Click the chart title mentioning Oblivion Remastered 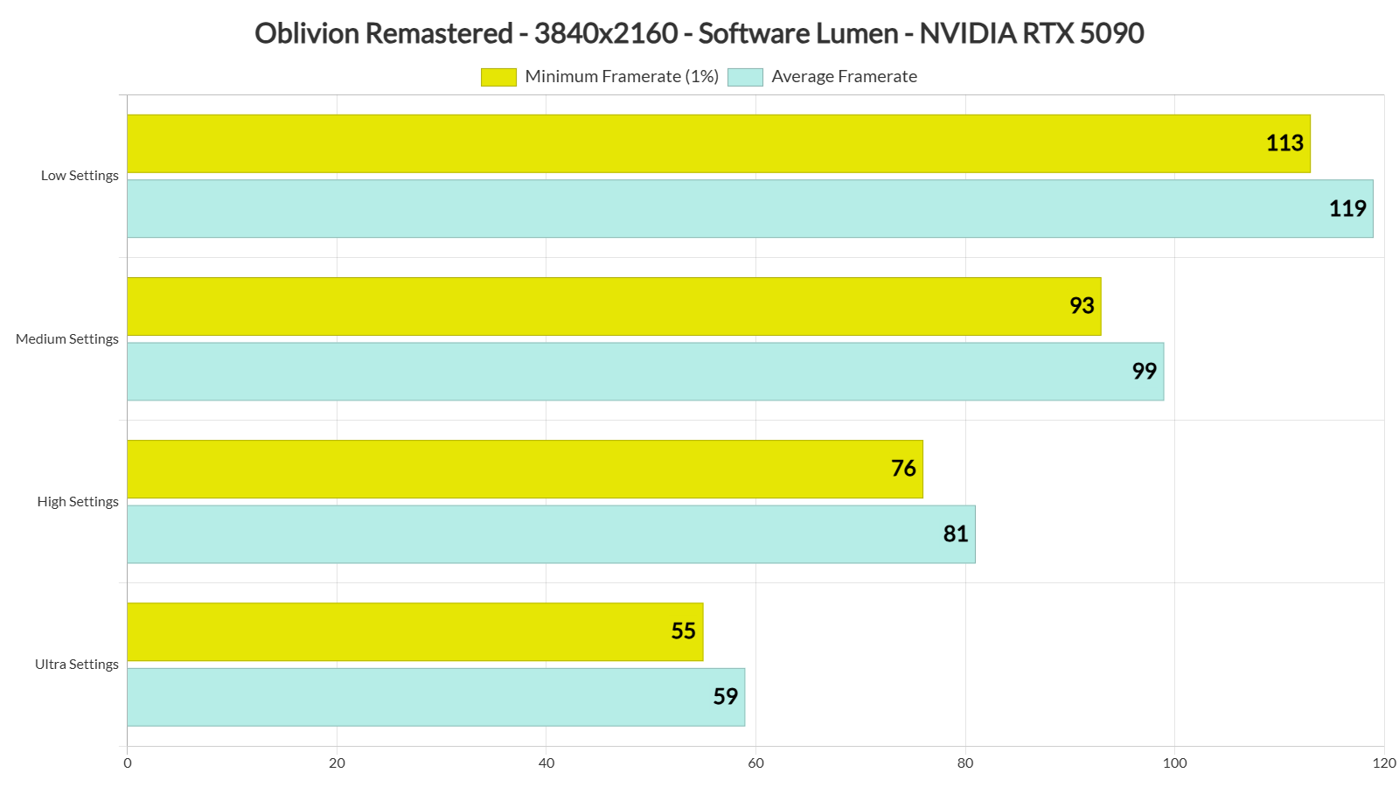point(699,33)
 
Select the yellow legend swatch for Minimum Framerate point(498,77)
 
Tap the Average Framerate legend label point(844,77)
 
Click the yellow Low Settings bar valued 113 point(717,143)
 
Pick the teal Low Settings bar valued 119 point(749,209)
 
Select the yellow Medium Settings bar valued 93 point(613,306)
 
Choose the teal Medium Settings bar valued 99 point(644,372)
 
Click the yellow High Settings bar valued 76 point(525,469)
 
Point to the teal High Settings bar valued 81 point(551,534)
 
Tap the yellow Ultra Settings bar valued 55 point(414,631)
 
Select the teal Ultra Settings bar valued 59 point(435,697)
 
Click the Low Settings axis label point(80,176)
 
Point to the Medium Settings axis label point(67,339)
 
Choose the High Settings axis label point(78,502)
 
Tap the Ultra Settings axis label point(77,665)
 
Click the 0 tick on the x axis point(128,763)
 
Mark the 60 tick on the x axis point(755,763)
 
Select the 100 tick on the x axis point(1174,763)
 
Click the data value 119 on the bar point(1347,209)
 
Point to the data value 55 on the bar point(683,631)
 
